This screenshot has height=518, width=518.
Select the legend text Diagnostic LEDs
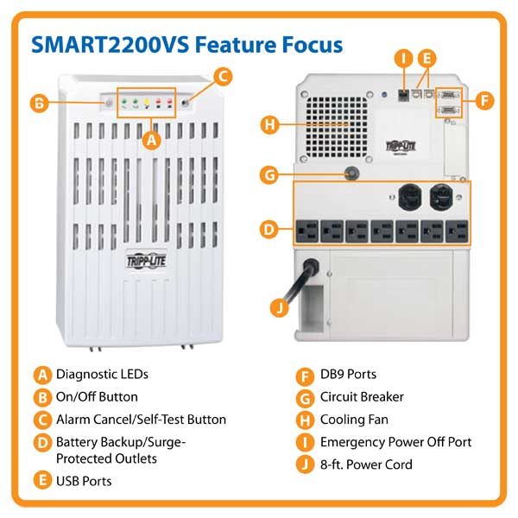pos(102,375)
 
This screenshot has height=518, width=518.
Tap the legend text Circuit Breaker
pos(362,397)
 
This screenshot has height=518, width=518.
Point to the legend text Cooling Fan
pos(354,420)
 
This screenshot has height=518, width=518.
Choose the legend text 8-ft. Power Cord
pos(366,464)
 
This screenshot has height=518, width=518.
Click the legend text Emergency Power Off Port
pos(395,442)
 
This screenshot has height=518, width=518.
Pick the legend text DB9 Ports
pos(348,375)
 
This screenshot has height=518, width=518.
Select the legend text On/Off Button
pos(97,397)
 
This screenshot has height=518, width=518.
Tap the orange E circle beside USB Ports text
pos(41,481)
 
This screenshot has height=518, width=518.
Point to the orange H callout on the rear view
pos(271,125)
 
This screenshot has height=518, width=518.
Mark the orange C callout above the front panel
pos(222,77)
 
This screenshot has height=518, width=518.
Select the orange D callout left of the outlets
pos(270,230)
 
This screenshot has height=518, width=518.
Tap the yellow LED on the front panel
pos(147,103)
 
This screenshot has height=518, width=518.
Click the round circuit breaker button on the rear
pos(351,174)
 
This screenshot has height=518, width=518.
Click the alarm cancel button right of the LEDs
pos(185,103)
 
